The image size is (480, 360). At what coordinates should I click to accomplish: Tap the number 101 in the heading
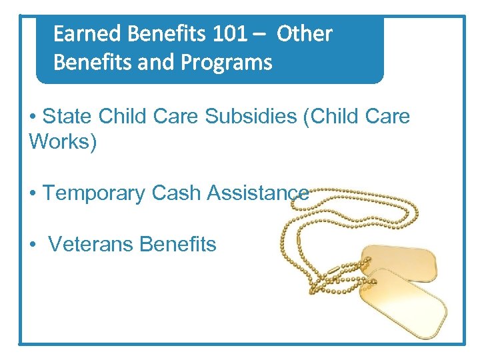tap(223, 33)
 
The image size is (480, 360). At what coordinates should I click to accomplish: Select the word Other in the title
tap(304, 33)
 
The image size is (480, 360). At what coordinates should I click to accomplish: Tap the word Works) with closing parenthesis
tap(63, 142)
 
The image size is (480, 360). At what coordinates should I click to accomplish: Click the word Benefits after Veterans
tap(177, 245)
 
